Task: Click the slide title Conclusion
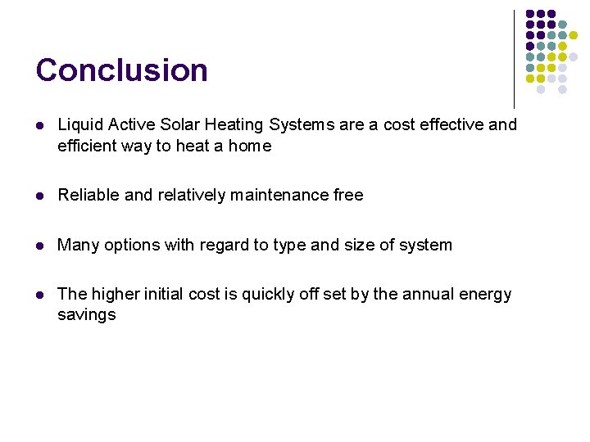121,70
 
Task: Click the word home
249,147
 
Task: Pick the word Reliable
88,195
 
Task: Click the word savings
86,315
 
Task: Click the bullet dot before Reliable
39,196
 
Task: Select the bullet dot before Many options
39,246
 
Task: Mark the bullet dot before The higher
39,295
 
